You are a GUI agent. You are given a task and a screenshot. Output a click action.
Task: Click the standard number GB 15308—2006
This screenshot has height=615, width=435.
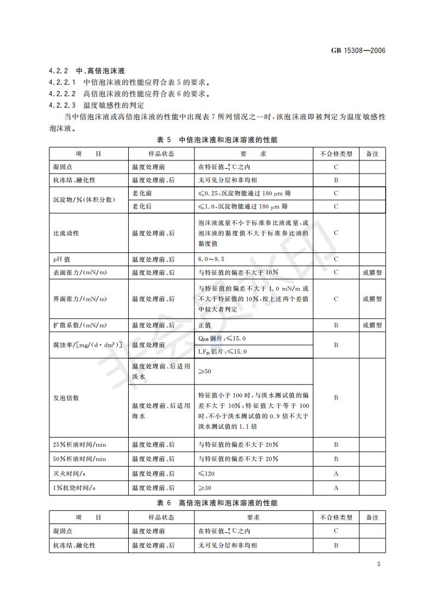pyautogui.click(x=358, y=50)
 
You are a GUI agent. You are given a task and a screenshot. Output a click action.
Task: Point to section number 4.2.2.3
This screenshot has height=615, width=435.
pyautogui.click(x=62, y=105)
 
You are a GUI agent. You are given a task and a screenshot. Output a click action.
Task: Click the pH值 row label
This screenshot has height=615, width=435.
pyautogui.click(x=61, y=258)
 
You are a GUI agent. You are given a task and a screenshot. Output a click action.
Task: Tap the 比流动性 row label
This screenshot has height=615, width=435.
pyautogui.click(x=66, y=233)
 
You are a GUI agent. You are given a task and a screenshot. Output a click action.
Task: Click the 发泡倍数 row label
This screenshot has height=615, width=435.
pyautogui.click(x=66, y=398)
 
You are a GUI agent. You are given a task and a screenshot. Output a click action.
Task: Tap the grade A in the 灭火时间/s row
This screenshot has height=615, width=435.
pyautogui.click(x=336, y=473)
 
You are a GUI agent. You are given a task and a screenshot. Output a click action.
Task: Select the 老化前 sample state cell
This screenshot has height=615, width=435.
pyautogui.click(x=142, y=193)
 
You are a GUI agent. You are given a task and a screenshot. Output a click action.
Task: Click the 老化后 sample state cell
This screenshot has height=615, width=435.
pyautogui.click(x=142, y=206)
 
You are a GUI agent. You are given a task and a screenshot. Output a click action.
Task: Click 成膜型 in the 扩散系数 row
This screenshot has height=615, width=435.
pyautogui.click(x=372, y=325)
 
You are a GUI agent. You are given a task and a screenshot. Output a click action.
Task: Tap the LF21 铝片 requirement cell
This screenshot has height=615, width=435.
pyautogui.click(x=222, y=352)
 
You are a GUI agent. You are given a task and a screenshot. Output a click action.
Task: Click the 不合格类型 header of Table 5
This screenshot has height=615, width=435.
pyautogui.click(x=336, y=154)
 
